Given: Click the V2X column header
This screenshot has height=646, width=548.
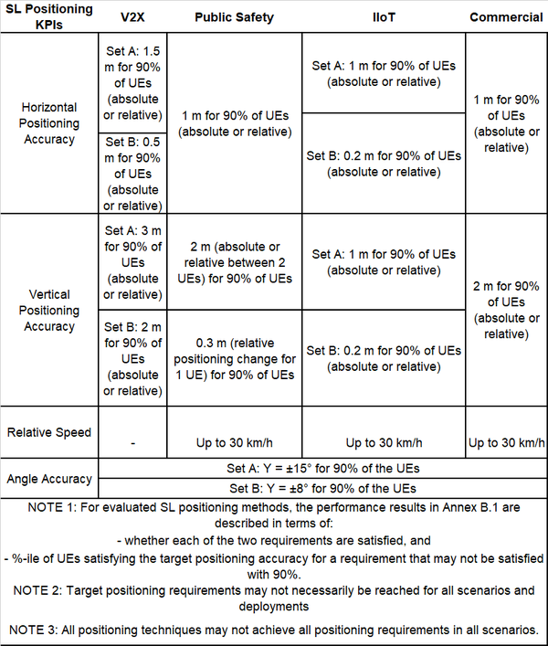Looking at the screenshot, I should (133, 17).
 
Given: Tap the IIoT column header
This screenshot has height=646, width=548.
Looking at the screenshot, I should (383, 17).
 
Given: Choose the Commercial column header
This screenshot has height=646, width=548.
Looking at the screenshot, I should (506, 17).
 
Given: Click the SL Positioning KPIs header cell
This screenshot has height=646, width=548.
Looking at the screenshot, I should (50, 16).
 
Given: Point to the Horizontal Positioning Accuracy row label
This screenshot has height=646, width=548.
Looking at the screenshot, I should (50, 123).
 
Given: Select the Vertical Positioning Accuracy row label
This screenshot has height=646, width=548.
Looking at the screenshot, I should (50, 311).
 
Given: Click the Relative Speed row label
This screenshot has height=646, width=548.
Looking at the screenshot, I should (50, 432).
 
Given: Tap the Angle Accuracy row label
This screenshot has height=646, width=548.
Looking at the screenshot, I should (50, 479).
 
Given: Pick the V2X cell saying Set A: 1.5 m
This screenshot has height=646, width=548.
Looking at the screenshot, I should (133, 82).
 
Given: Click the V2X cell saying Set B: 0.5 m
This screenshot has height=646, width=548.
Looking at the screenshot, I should (133, 173).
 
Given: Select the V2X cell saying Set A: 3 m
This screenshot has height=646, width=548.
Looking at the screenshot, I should (133, 262).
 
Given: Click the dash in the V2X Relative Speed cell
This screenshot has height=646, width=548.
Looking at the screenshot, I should (133, 443).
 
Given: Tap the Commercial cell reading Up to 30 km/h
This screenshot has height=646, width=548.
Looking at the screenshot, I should (506, 443).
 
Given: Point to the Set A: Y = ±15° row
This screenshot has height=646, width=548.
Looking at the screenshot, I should (321, 468).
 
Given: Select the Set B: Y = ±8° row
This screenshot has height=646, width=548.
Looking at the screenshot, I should (321, 488).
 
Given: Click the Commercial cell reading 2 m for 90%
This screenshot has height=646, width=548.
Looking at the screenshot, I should (506, 311).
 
